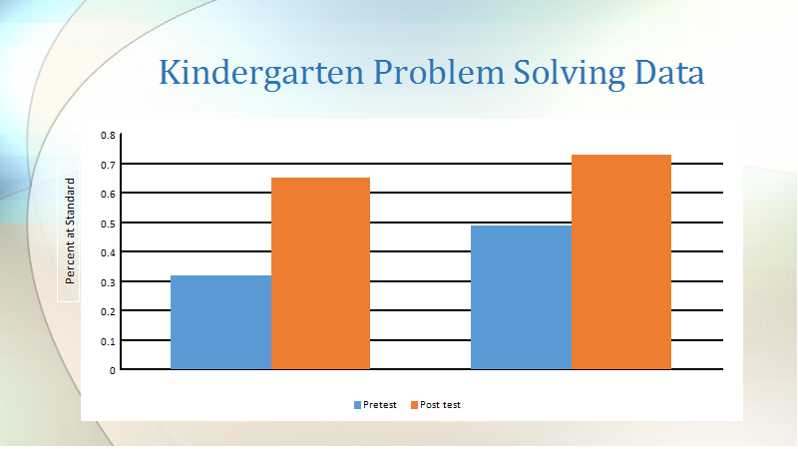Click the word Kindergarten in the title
point(261,74)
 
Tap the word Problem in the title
point(439,72)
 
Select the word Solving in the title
point(569,74)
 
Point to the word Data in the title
point(669,72)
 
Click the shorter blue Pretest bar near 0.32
point(220,322)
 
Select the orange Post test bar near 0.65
point(320,273)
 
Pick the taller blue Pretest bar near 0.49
point(521,297)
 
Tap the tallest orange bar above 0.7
point(621,261)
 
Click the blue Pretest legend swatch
point(357,405)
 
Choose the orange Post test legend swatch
point(414,405)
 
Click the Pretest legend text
point(380,405)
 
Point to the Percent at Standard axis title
point(70,231)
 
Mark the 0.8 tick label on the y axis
point(108,136)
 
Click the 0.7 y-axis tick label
point(108,165)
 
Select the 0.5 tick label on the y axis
point(108,224)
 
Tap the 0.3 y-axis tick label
point(108,282)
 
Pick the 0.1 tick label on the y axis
point(108,341)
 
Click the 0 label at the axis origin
point(113,370)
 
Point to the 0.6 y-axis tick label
point(108,194)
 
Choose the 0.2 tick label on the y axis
point(108,312)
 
